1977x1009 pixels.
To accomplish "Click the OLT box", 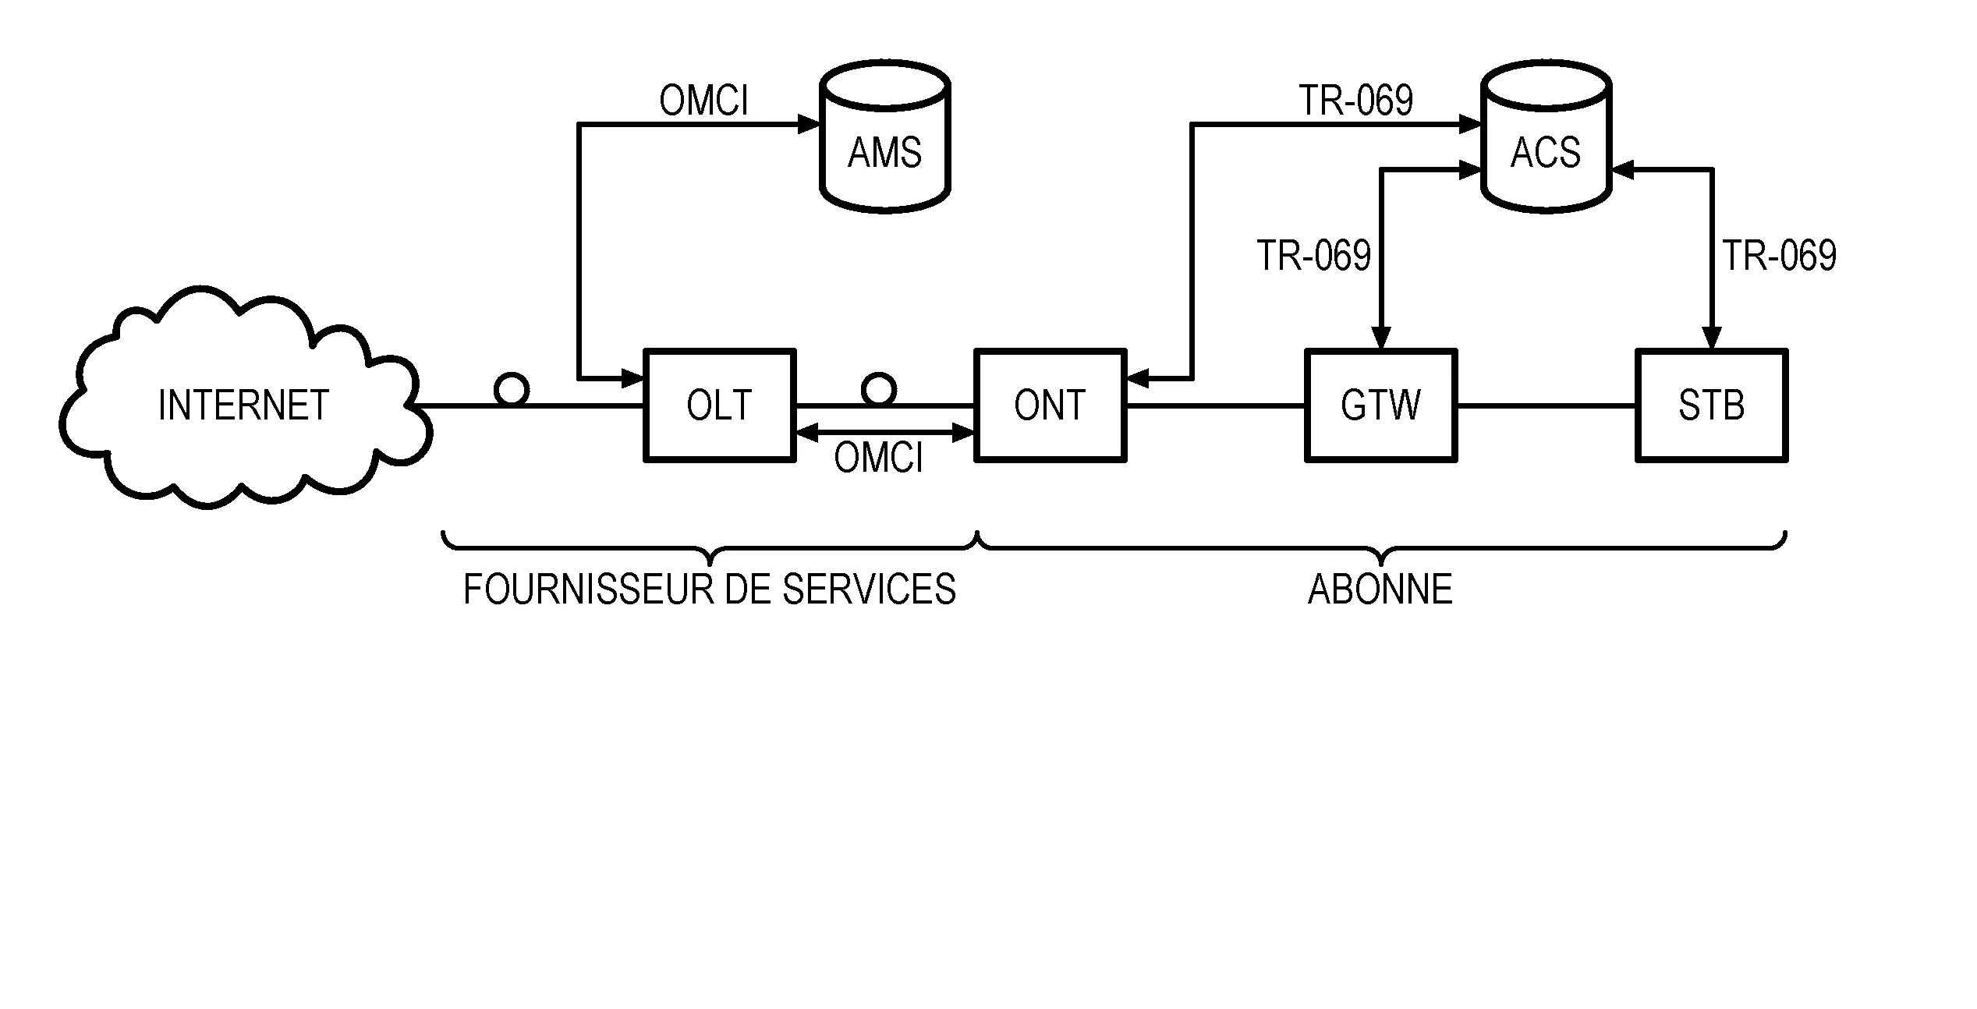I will click(x=719, y=405).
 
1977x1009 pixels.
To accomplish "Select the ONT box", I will click(x=1050, y=405).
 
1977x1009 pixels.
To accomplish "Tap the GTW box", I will click(x=1380, y=405).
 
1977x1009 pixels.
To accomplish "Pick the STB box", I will click(x=1711, y=405).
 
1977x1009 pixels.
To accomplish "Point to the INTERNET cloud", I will click(x=243, y=405).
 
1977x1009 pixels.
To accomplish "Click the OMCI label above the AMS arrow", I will click(x=703, y=101).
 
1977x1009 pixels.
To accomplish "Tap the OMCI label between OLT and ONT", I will click(x=878, y=458).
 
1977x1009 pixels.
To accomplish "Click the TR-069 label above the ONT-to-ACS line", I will click(x=1355, y=101).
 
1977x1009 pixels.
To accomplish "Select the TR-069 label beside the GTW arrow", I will click(x=1313, y=256).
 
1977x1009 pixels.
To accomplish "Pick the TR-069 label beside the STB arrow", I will click(x=1779, y=256).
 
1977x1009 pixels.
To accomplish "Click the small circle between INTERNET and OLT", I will click(x=512, y=388).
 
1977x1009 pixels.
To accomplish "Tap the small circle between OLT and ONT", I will click(x=879, y=388).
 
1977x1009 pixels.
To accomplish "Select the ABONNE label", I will click(x=1380, y=589).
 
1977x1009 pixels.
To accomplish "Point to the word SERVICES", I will click(x=869, y=589).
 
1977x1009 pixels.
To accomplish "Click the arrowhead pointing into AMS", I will click(x=809, y=124).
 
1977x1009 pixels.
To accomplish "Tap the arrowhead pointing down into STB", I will click(x=1711, y=338).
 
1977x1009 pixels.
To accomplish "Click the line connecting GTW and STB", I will click(x=1546, y=405).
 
